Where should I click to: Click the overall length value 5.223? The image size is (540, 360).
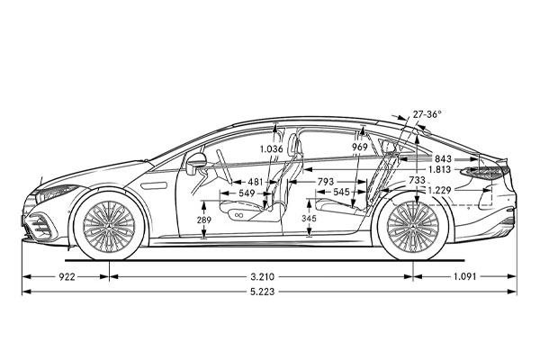coord(271,293)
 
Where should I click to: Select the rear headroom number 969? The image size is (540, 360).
coord(360,147)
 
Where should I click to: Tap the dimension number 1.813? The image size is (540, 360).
coord(440,169)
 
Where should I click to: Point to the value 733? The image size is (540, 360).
coord(417,180)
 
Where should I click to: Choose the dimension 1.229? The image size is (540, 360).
coord(439,190)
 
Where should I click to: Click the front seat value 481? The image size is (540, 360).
coord(256,182)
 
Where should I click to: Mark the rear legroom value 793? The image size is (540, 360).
coord(328,182)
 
